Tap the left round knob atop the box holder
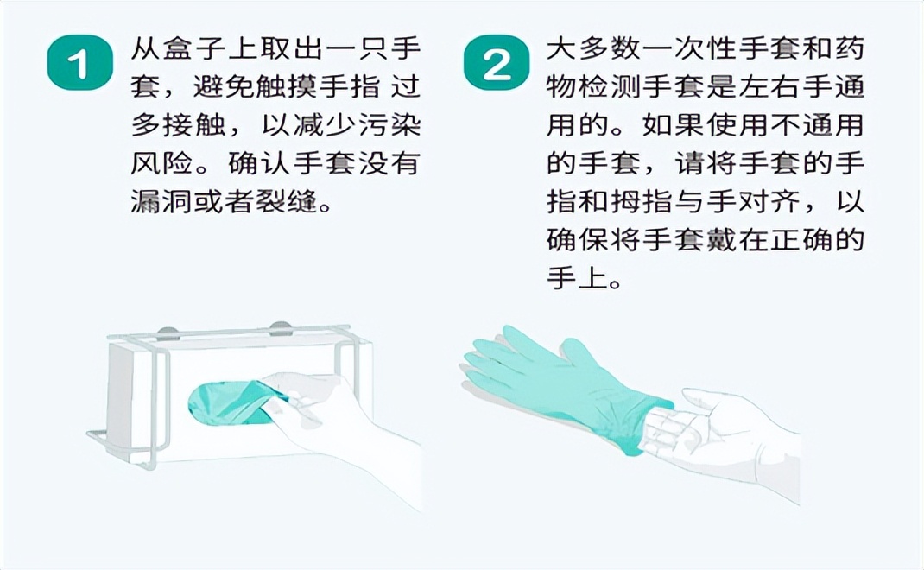click(x=169, y=328)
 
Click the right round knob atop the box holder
click(x=281, y=327)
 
